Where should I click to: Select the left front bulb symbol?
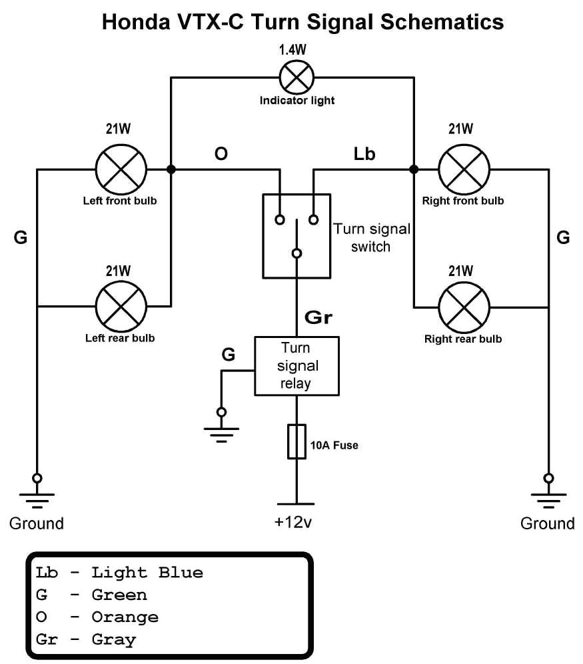point(121,169)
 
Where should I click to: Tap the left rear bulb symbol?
point(121,307)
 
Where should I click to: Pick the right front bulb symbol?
point(464,169)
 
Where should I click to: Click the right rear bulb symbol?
point(464,307)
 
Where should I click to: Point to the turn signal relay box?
point(296,366)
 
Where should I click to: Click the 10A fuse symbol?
point(296,441)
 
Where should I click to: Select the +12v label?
point(293,523)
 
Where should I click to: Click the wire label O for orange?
point(221,154)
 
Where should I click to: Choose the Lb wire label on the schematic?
point(364,154)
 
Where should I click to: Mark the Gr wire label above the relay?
point(318,317)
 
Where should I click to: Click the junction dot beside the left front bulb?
point(171,169)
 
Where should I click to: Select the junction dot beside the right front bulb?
point(413,169)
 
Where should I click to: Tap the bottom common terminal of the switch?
point(296,253)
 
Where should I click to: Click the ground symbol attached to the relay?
point(221,431)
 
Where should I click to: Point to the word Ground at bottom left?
point(37,523)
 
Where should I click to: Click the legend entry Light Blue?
point(147,572)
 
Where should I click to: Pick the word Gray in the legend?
point(113,640)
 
